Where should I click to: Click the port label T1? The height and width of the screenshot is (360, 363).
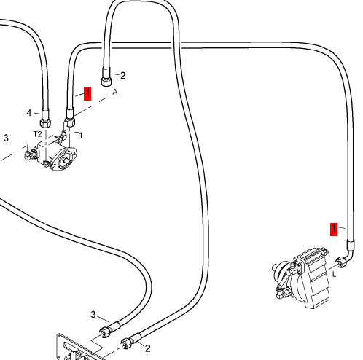click(79, 135)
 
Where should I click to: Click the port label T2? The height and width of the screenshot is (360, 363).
click(37, 134)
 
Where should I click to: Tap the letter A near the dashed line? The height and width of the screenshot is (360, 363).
click(115, 92)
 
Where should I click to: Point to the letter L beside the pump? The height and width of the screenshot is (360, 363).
click(335, 275)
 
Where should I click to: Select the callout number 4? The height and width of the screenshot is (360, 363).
click(29, 113)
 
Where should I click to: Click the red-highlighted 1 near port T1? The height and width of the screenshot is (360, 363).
click(87, 94)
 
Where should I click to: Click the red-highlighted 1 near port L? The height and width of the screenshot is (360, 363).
click(334, 229)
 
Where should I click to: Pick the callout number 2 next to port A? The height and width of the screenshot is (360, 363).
click(123, 76)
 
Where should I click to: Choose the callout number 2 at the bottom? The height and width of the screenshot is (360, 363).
click(147, 348)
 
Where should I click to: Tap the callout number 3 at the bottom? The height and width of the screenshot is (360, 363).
click(93, 315)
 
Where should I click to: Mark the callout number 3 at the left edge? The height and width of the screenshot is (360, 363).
click(6, 138)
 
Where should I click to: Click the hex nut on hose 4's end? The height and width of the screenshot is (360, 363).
click(45, 122)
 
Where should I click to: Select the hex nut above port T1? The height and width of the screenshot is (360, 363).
click(70, 122)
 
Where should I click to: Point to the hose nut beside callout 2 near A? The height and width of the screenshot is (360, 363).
click(106, 81)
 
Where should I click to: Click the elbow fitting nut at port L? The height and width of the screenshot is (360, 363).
click(340, 262)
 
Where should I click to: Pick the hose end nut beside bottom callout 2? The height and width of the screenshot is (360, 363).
click(126, 343)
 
